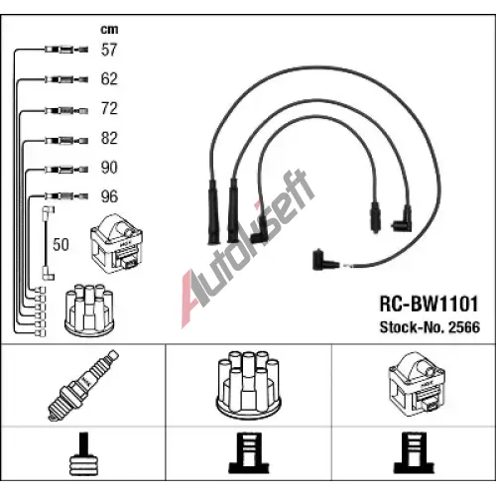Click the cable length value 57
click(109, 50)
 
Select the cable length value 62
click(109, 79)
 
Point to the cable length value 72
click(109, 108)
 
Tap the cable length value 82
click(109, 138)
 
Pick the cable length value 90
click(109, 168)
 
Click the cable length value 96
click(109, 196)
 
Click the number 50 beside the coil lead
click(61, 245)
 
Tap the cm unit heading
click(109, 30)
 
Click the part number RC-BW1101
click(429, 304)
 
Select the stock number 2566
click(463, 327)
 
